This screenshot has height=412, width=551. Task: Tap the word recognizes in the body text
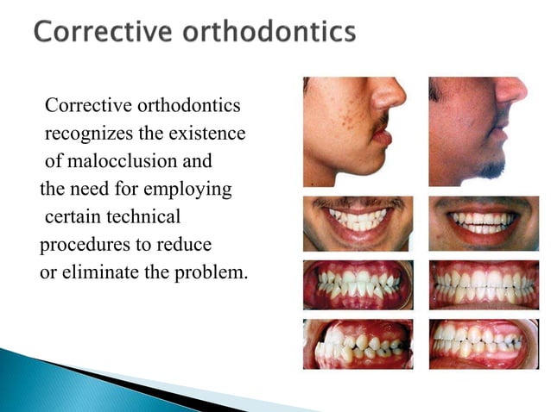[96, 134]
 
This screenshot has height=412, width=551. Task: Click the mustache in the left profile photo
[377, 128]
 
